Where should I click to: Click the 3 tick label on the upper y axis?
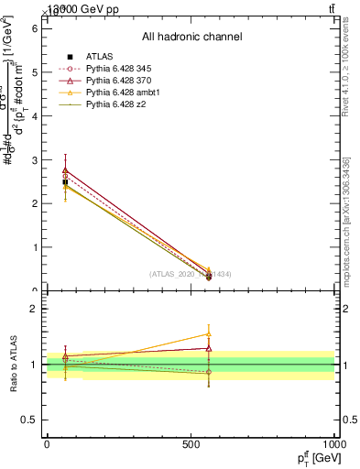(36, 159)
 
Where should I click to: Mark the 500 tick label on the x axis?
(191, 443)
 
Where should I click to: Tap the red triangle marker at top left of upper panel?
(65, 169)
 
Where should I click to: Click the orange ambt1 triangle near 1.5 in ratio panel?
(209, 335)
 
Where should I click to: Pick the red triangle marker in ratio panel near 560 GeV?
(209, 348)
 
